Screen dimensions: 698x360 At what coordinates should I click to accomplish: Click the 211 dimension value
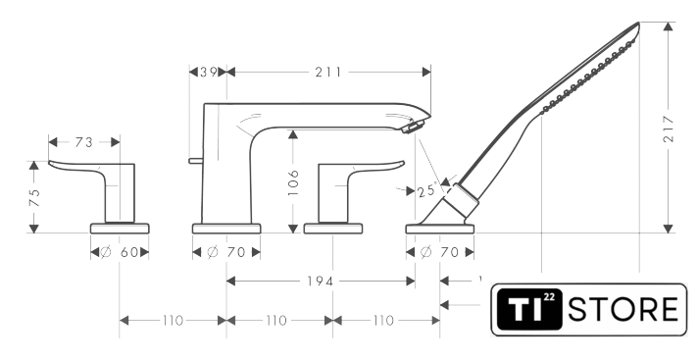pos(328,73)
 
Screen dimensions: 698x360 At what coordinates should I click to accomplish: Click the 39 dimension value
pos(208,72)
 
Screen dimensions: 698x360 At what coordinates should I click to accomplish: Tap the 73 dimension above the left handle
pos(83,142)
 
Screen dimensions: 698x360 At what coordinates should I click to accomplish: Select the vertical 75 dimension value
pos(34,197)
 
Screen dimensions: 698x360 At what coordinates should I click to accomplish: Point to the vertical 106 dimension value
pos(293,182)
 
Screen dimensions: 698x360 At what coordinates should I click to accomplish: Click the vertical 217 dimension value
pos(669,129)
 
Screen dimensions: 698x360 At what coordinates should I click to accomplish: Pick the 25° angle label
pos(426,190)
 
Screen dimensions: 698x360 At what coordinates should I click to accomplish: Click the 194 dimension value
pos(320,282)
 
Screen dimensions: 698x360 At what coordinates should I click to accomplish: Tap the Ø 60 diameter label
pos(120,253)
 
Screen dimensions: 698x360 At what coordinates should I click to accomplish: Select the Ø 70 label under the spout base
pos(226,253)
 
